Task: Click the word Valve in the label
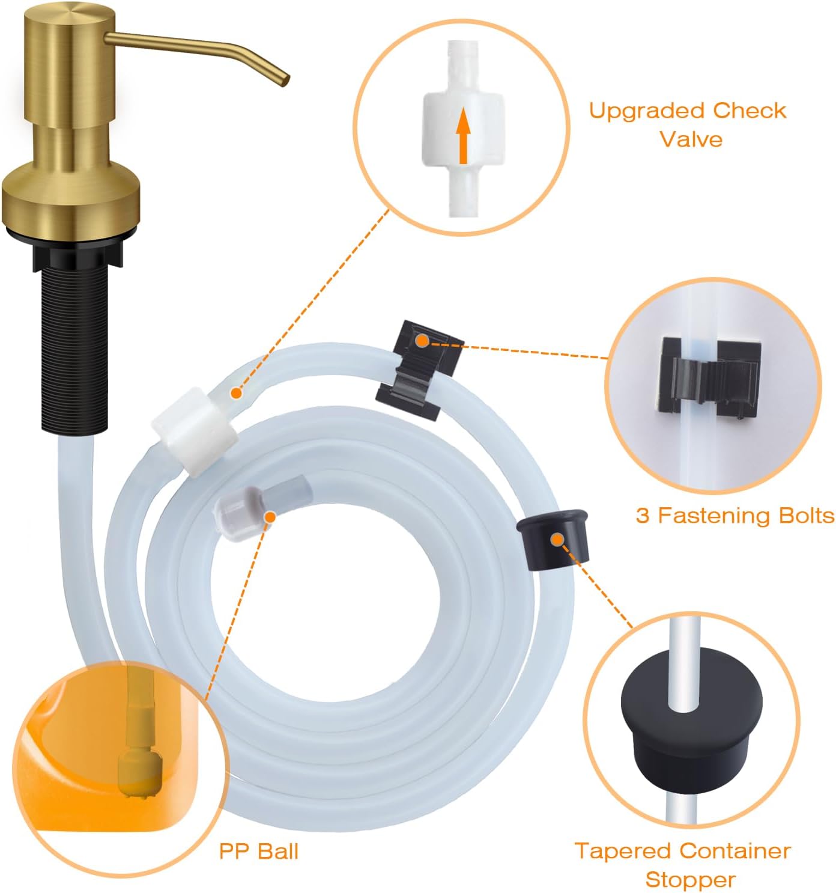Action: (691, 139)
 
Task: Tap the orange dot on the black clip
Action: (422, 341)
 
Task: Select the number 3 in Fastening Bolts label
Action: (643, 516)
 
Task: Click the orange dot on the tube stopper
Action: (557, 539)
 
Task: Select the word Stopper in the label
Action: (690, 880)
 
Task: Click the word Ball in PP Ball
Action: (277, 851)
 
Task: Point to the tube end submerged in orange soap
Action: (140, 775)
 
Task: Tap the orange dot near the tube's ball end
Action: (270, 516)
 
